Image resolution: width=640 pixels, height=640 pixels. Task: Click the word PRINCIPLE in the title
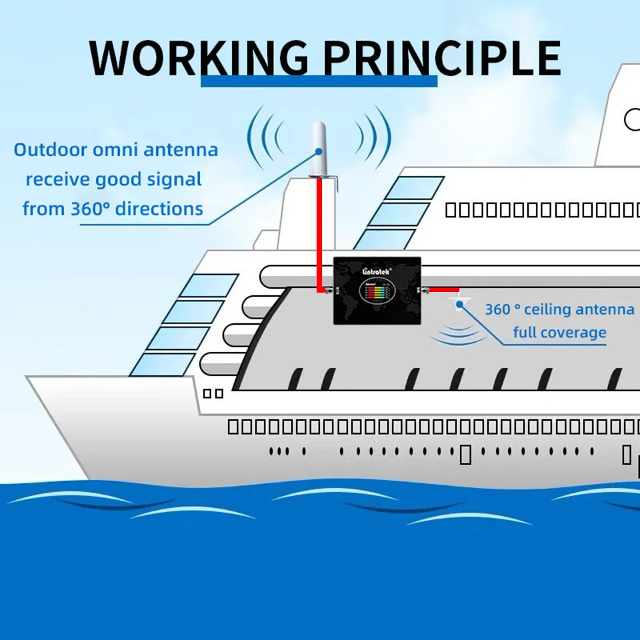pos(442,59)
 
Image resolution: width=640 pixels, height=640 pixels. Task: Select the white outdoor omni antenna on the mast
pos(318,150)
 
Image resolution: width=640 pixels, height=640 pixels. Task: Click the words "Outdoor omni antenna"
pos(116,149)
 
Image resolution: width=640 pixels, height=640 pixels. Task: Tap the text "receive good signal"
pos(113,179)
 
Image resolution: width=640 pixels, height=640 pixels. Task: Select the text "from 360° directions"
pos(113,209)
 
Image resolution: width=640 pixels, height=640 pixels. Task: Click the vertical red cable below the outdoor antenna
pos(319,233)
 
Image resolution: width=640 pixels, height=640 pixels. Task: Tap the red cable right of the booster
pos(443,290)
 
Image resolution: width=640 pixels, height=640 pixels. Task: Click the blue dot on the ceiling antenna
pos(459,305)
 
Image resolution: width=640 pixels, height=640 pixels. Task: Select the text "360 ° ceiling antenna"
pos(559,309)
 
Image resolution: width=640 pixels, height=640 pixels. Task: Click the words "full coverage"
pos(559,333)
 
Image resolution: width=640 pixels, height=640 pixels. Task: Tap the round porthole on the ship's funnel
pos(632,120)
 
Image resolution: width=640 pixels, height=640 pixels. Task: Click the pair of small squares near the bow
pos(213,393)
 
